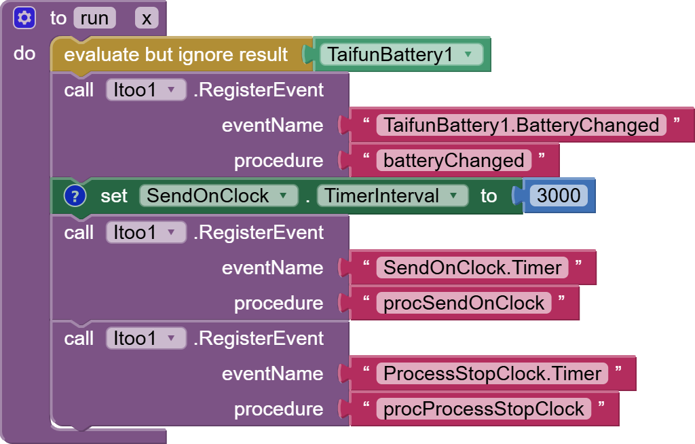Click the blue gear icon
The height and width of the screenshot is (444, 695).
(24, 18)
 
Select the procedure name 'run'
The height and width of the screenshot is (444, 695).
(94, 18)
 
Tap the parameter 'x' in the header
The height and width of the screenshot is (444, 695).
(147, 18)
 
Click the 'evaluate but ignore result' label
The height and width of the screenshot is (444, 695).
(176, 54)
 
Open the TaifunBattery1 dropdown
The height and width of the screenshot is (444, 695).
(401, 54)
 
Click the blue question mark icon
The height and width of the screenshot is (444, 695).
(75, 196)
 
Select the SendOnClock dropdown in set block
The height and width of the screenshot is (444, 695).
(219, 196)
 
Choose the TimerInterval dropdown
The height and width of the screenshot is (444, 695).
(393, 196)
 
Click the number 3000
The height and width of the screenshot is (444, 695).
(559, 196)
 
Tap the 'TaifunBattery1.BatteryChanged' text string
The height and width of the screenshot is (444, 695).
(521, 125)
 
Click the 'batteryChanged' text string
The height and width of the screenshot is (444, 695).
(454, 161)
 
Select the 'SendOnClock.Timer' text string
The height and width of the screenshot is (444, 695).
(472, 267)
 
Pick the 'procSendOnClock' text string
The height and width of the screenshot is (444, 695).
(464, 303)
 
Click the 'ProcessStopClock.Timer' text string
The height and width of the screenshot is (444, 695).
(493, 373)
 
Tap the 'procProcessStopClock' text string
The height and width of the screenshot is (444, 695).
(484, 409)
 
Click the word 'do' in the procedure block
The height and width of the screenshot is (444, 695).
(24, 54)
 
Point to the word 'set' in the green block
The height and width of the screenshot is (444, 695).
(114, 196)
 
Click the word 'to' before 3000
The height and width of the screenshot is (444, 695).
(489, 196)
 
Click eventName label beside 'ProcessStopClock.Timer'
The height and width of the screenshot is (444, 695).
(273, 374)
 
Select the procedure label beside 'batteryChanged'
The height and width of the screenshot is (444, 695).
(279, 161)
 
